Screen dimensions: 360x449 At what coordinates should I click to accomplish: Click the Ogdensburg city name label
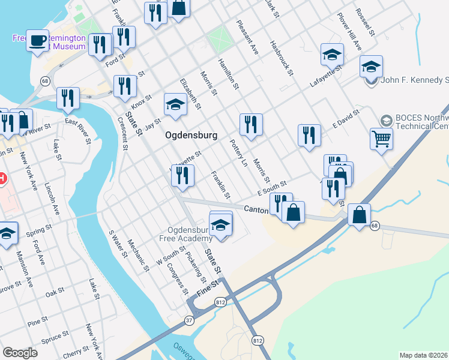pos(191,135)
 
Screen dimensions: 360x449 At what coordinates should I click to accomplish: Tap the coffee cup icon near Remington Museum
pos(38,41)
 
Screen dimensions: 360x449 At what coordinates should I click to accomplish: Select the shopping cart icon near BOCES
pos(381,140)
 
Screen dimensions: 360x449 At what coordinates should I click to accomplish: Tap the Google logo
pos(20,353)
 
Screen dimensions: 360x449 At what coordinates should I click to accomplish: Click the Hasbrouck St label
pos(281,58)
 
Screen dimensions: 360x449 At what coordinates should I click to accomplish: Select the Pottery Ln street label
pos(239,153)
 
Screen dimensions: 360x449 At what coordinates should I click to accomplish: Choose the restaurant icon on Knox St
pos(125,86)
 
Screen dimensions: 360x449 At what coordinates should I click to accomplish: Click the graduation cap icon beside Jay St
pos(175,105)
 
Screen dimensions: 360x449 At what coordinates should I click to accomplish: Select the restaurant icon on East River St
pos(68,98)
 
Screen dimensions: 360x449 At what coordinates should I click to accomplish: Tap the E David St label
pos(346,119)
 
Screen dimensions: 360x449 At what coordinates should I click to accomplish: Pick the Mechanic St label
pos(137,251)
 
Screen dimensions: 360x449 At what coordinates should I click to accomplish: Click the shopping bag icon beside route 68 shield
pos(358,215)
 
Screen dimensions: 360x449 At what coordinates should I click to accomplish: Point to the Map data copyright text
pos(423,355)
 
